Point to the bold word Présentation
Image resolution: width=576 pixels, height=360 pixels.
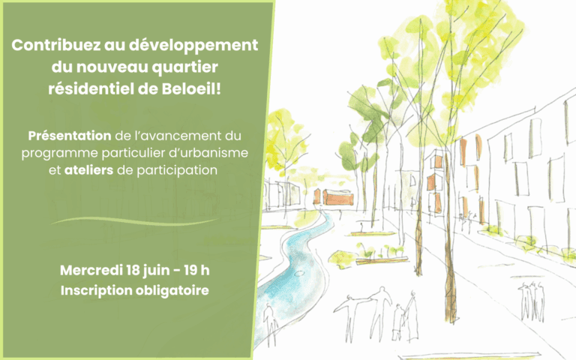tap(70, 136)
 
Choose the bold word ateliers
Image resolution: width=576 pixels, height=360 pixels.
tap(88, 170)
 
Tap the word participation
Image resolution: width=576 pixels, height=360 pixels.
tap(177, 171)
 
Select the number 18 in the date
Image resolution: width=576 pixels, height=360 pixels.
tap(132, 270)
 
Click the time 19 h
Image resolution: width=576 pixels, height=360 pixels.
tap(196, 270)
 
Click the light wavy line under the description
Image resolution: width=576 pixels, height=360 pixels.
tap(134, 221)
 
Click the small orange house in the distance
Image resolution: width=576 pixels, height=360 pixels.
tap(338, 197)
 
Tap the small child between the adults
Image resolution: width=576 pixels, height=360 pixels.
tap(397, 322)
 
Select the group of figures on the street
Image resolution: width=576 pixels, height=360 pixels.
tap(532, 301)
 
